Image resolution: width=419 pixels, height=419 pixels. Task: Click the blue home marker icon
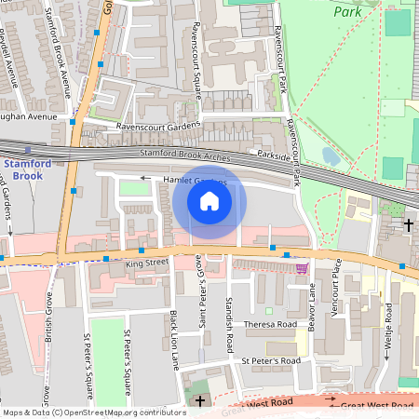(209, 201)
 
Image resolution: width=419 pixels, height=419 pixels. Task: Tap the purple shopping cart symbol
(301, 268)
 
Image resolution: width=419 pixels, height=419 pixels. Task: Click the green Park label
(349, 13)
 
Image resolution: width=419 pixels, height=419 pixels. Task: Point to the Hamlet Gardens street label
(195, 180)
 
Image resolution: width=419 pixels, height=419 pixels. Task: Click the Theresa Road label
(269, 325)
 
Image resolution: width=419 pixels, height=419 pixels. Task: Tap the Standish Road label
(229, 324)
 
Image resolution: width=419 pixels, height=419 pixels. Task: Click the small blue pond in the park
(331, 155)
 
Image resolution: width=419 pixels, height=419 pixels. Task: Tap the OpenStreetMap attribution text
(93, 412)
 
